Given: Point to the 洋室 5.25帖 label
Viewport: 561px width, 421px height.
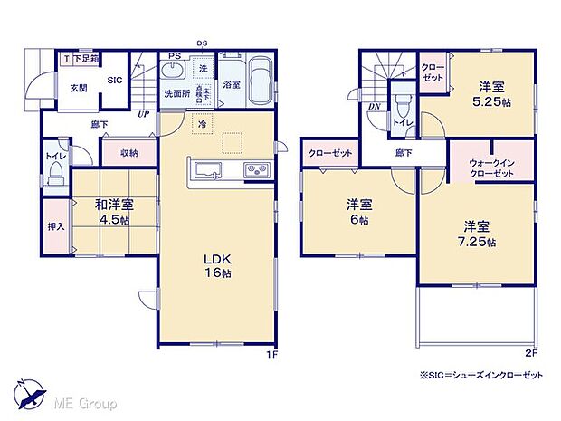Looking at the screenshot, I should click(x=490, y=94).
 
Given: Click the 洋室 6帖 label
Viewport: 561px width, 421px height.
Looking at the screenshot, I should click(x=359, y=211).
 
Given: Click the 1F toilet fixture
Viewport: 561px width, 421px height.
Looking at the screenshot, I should click(x=55, y=172).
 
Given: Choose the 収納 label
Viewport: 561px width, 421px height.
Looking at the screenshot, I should click(x=128, y=153).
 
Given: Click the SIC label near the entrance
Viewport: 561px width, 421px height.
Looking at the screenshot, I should click(x=115, y=81).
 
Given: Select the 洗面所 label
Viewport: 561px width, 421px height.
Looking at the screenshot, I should click(x=176, y=92).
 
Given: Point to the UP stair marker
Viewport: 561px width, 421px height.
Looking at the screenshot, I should click(x=143, y=115).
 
